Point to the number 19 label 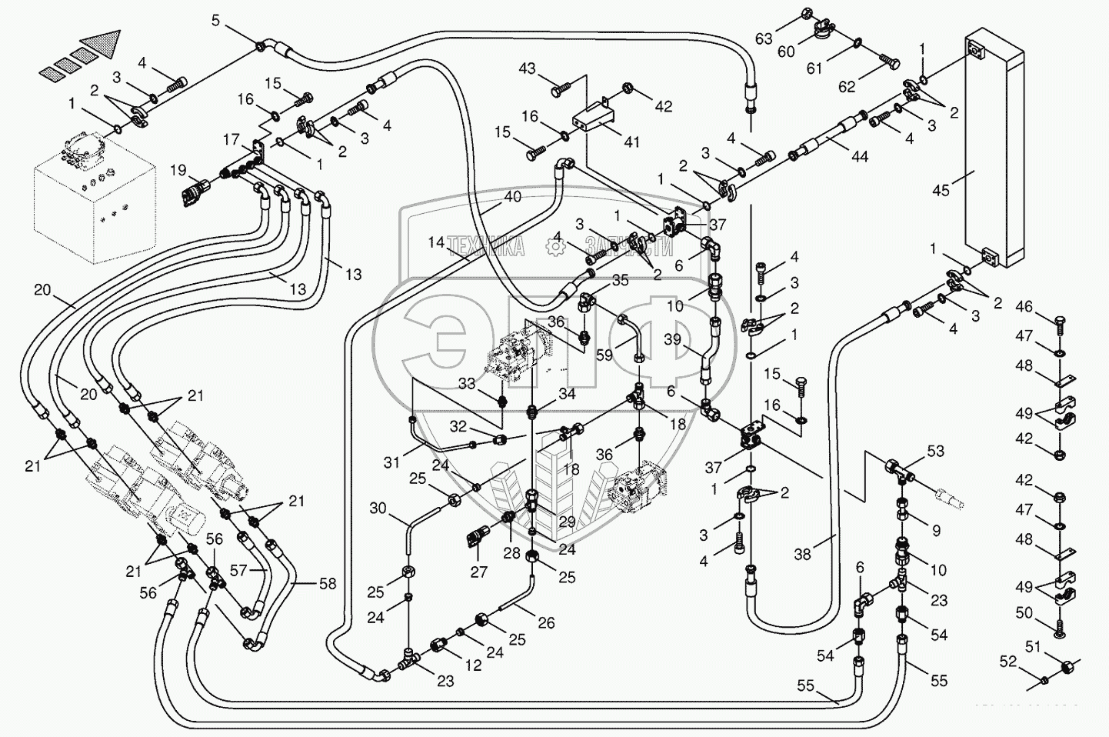tap(178, 170)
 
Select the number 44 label tap(859, 156)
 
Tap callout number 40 tap(512, 197)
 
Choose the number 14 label tap(437, 243)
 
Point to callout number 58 tap(328, 584)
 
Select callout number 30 tap(378, 508)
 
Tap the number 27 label tap(479, 572)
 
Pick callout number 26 tap(547, 623)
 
